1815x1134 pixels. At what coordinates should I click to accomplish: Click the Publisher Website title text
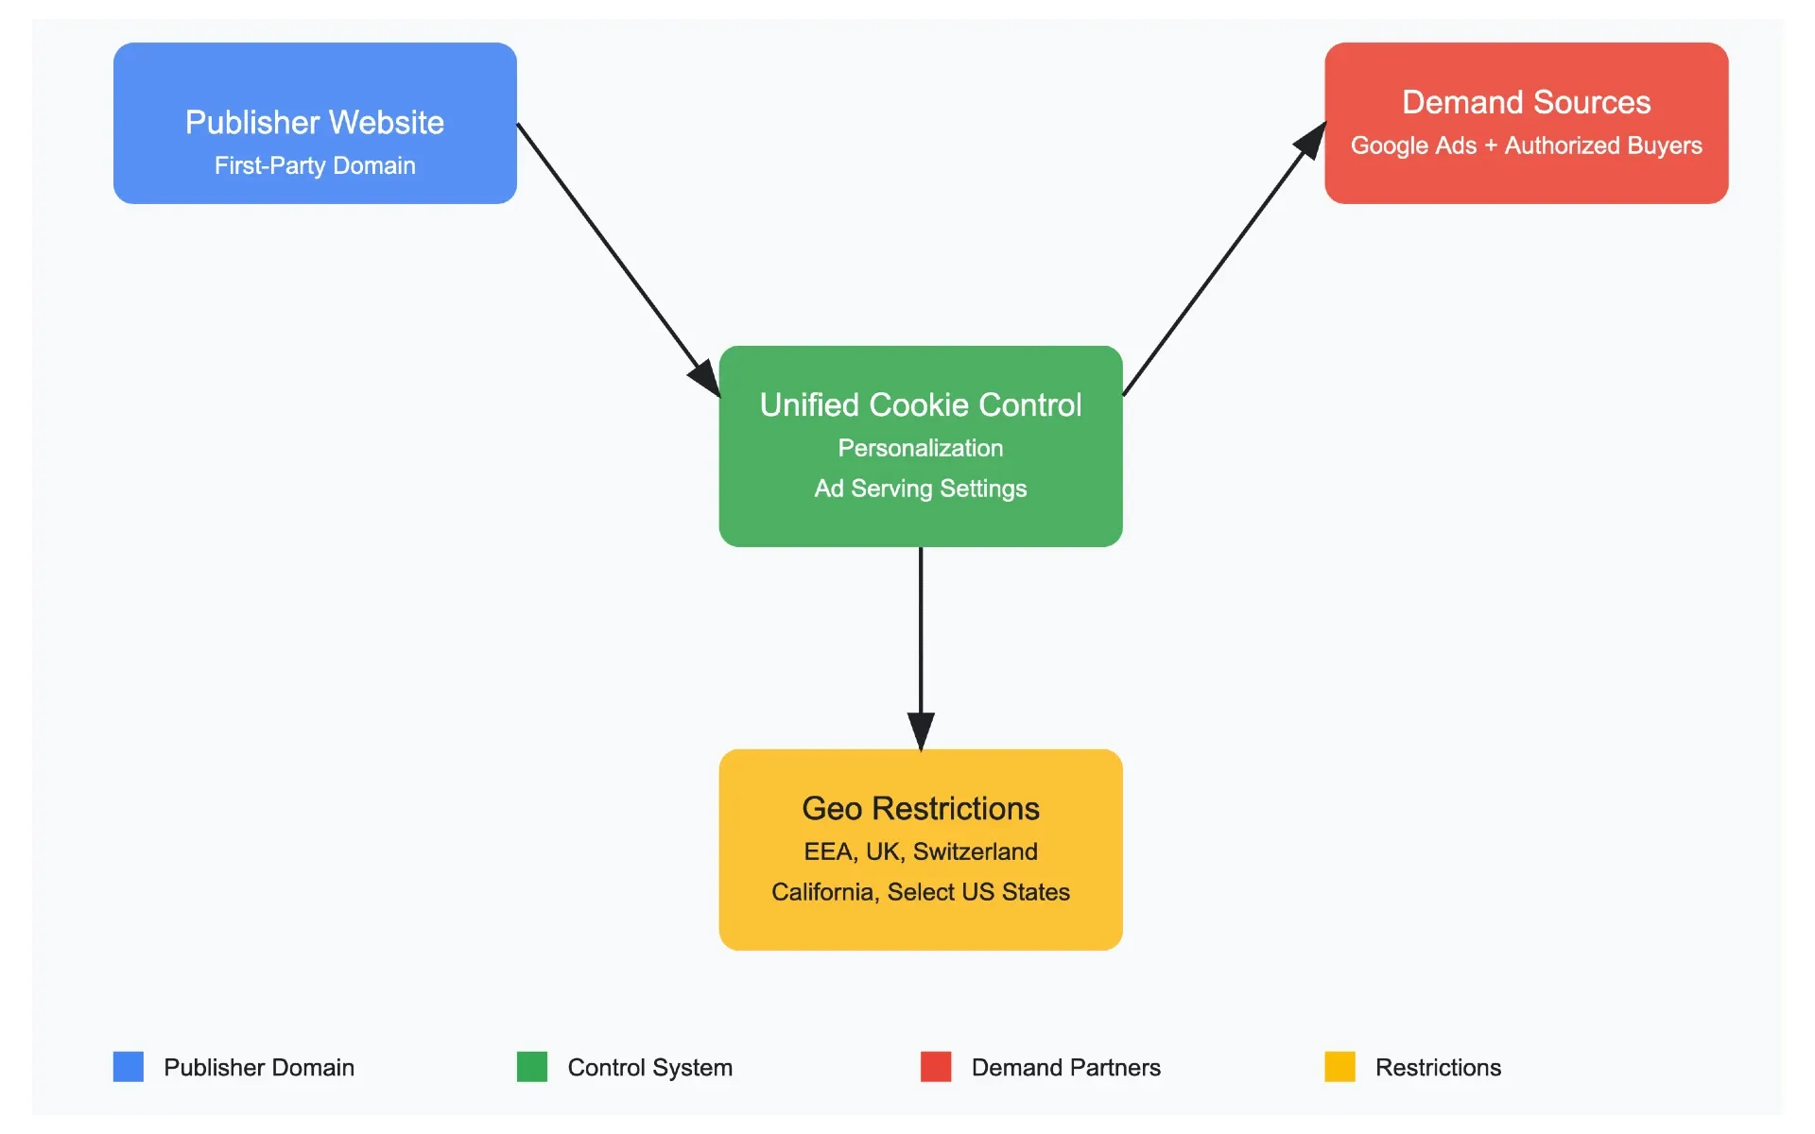coord(314,123)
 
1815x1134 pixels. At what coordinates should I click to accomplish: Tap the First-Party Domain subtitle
coord(314,166)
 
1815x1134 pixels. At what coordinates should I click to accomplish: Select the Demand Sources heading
coord(1526,102)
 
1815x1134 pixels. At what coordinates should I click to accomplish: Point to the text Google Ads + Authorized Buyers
coord(1526,146)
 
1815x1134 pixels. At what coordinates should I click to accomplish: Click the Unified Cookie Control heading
coord(920,404)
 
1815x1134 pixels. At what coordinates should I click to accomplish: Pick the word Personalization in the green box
coord(920,448)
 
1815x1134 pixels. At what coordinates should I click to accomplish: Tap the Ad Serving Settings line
coord(920,489)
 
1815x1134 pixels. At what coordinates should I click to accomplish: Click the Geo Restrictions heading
coord(920,809)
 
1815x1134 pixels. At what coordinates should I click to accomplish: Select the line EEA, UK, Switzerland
coord(920,851)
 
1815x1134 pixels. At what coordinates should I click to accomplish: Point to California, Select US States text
coord(920,892)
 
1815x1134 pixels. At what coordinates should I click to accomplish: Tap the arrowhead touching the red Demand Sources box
coord(1311,141)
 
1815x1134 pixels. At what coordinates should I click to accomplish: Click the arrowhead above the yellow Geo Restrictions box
coord(921,730)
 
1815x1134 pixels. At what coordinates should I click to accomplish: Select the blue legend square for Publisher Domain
coord(129,1067)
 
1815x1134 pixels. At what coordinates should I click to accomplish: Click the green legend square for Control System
coord(532,1067)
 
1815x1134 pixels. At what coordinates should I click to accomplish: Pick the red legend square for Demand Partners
coord(936,1067)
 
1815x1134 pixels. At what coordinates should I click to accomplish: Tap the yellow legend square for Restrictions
coord(1340,1067)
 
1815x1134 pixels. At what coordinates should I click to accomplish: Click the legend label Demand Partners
coord(1065,1068)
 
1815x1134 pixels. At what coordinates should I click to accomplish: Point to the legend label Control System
coord(649,1068)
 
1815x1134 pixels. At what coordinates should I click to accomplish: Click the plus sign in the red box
coord(1491,146)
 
